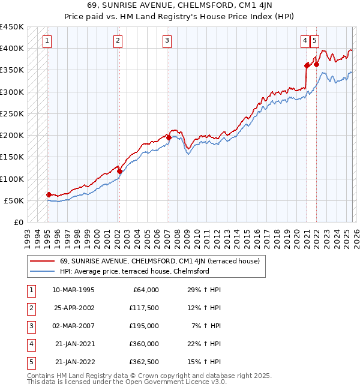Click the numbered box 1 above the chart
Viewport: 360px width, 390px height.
[47, 41]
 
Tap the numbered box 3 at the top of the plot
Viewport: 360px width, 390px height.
[166, 41]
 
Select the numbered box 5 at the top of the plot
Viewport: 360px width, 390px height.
[314, 41]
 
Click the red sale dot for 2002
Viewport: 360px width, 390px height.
[119, 172]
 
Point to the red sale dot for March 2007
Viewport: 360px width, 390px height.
[168, 138]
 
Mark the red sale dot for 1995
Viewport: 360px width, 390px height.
[49, 194]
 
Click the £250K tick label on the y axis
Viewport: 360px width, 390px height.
[12, 113]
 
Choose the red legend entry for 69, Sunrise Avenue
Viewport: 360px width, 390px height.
[159, 261]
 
